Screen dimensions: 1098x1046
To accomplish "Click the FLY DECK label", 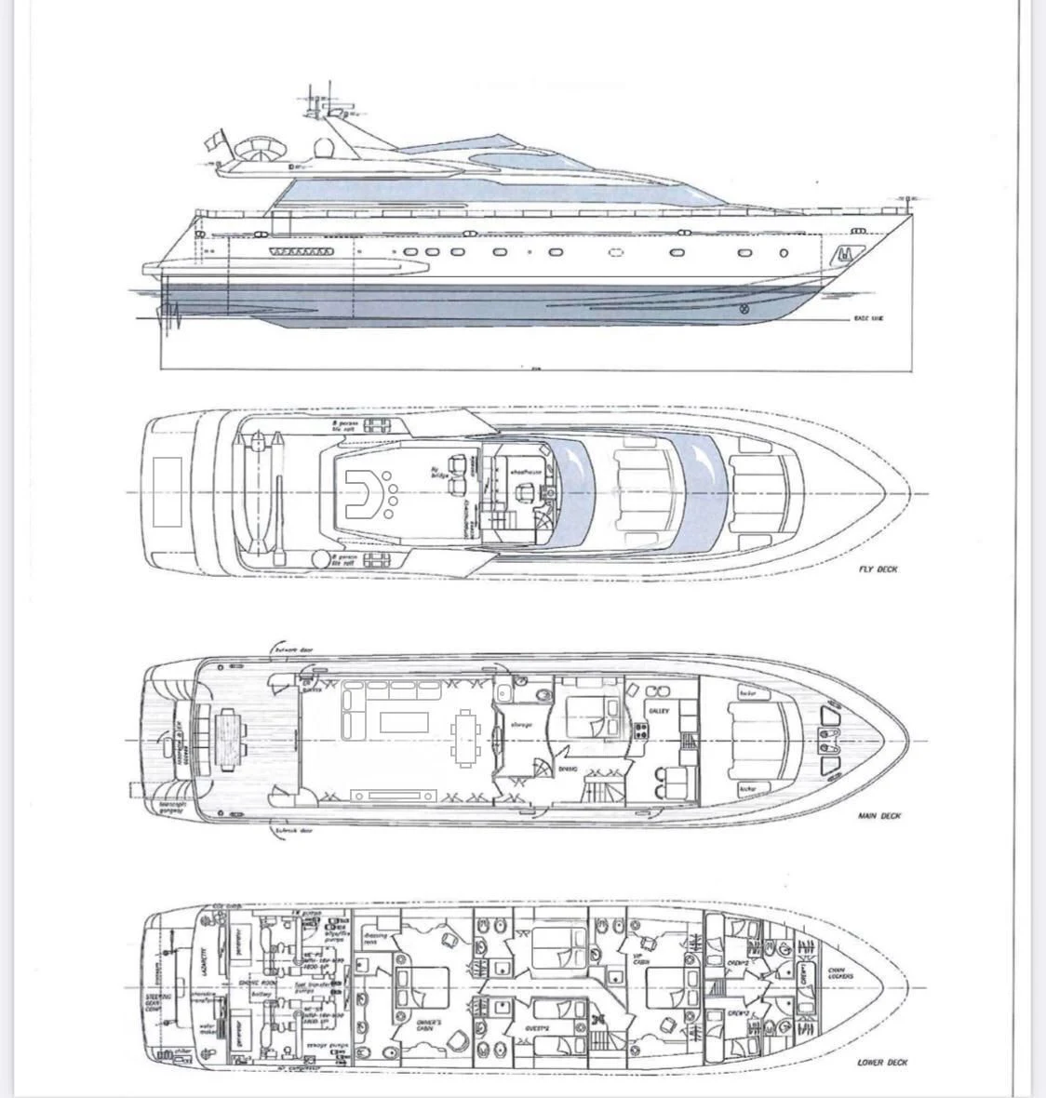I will tap(878, 569).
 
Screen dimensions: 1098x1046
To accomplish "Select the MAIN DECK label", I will tap(878, 816).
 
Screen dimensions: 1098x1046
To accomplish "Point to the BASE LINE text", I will tap(867, 318).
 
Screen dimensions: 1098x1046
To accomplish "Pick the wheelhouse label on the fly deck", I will tap(527, 473).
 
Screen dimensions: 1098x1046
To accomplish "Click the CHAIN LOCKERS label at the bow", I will tap(840, 974).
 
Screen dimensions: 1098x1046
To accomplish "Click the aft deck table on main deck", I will tap(227, 736).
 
